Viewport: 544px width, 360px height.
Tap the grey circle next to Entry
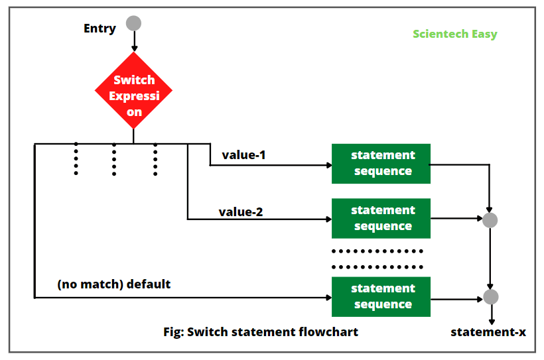pyautogui.click(x=134, y=23)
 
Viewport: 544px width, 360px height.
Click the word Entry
pyautogui.click(x=100, y=28)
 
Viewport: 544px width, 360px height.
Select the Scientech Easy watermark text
pyautogui.click(x=454, y=34)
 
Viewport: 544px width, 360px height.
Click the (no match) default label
pyautogui.click(x=113, y=284)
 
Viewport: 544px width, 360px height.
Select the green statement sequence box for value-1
pyautogui.click(x=381, y=163)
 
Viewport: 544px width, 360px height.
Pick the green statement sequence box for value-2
pyautogui.click(x=381, y=218)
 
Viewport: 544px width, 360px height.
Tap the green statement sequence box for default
pyautogui.click(x=381, y=296)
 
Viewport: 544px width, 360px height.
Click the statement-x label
pyautogui.click(x=488, y=331)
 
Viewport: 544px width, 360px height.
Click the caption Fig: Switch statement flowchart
pyautogui.click(x=261, y=331)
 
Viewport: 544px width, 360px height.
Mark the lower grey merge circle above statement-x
pyautogui.click(x=490, y=297)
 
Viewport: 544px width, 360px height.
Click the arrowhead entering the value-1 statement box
pyautogui.click(x=328, y=164)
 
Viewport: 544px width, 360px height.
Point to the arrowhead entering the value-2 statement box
pyautogui.click(x=328, y=219)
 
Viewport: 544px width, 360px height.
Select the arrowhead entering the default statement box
pyautogui.click(x=328, y=298)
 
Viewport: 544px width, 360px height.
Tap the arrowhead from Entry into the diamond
pyautogui.click(x=134, y=48)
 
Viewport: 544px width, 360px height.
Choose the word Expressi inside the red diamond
pyautogui.click(x=134, y=95)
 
